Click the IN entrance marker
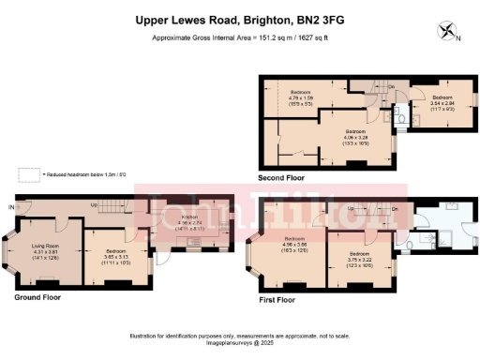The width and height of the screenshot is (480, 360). (12, 206)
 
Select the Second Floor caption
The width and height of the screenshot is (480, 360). (281, 176)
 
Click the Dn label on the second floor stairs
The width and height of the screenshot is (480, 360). (391, 87)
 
